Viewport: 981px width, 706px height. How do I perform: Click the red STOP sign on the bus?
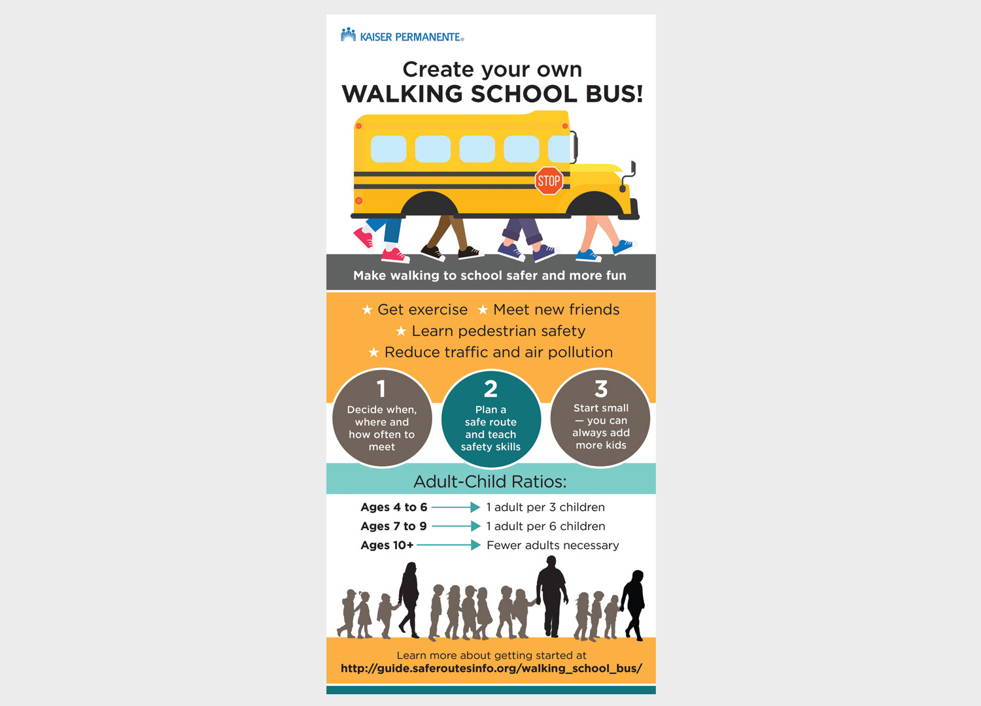549,180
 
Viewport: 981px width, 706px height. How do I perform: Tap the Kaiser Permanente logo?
402,36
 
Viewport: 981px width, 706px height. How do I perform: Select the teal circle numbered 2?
491,419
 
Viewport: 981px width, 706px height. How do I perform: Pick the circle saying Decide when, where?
382,419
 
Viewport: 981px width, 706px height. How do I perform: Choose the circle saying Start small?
600,419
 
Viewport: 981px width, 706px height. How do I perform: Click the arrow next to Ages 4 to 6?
456,507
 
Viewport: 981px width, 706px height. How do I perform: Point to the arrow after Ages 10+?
449,545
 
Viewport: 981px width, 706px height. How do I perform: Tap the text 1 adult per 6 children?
545,526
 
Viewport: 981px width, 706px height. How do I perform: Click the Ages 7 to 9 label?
394,526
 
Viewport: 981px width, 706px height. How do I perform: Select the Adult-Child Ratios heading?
490,482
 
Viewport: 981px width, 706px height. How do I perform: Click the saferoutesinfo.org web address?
491,668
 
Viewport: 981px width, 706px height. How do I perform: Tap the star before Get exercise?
368,310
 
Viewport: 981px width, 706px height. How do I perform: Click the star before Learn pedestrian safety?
401,331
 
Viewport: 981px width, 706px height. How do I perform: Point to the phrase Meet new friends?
556,310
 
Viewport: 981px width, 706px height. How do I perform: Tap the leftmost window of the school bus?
388,149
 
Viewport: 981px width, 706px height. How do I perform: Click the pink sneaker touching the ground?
394,255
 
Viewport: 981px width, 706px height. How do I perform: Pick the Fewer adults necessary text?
553,545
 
